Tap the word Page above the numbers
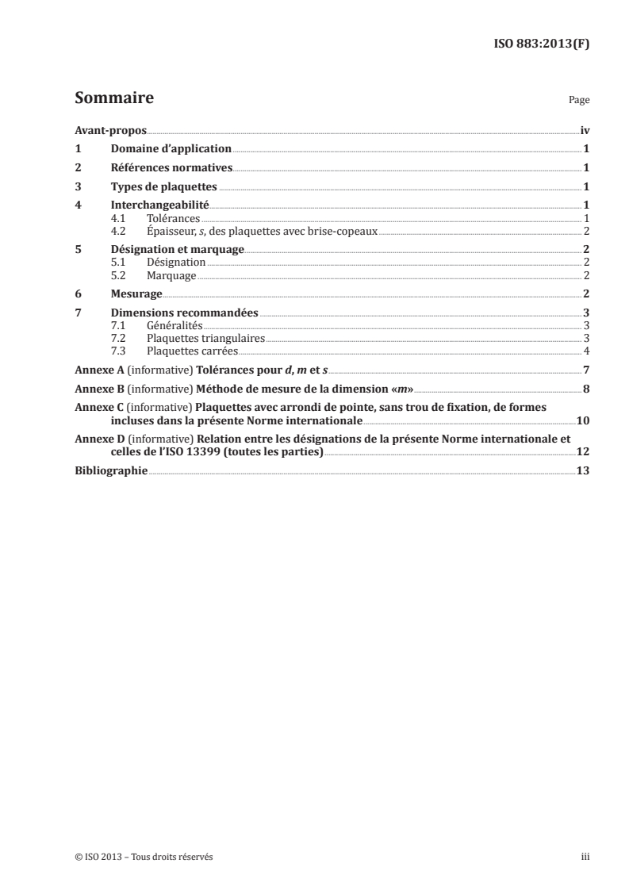(579, 102)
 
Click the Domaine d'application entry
(171, 148)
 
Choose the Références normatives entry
(171, 167)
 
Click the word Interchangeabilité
(159, 206)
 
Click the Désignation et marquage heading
(177, 250)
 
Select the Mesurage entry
(137, 294)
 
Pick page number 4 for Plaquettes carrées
(586, 351)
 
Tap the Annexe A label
(95, 370)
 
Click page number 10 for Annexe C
(582, 420)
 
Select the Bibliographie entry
(111, 470)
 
